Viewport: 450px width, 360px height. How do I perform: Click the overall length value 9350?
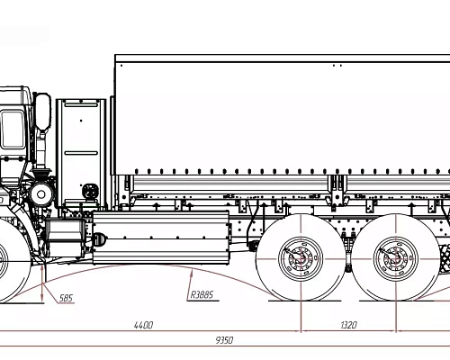[x=222, y=340]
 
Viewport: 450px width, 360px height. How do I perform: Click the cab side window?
[x=11, y=126]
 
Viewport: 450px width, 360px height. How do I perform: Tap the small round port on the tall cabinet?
[x=89, y=191]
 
